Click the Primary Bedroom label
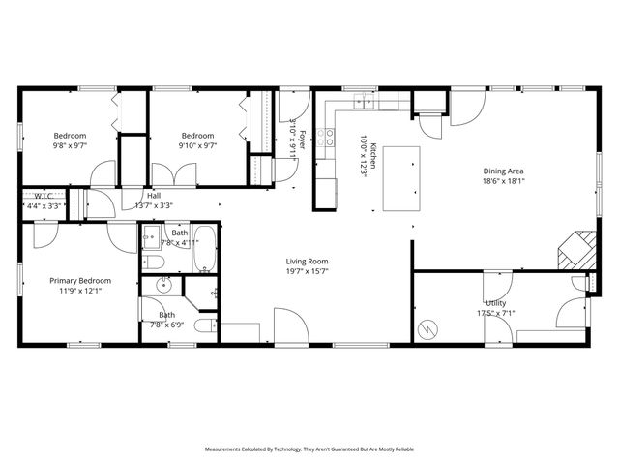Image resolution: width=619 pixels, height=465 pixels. click(75, 280)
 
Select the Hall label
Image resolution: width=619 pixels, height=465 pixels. click(154, 195)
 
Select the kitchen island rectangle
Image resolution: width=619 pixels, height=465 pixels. click(401, 178)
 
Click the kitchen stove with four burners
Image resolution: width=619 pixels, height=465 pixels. click(329, 137)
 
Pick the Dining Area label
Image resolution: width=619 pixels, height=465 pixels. click(503, 171)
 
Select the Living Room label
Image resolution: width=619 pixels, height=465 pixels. click(307, 261)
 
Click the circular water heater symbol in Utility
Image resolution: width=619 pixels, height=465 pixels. click(427, 329)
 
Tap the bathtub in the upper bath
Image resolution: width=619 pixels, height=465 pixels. click(205, 250)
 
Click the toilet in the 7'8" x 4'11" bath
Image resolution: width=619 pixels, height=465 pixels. click(152, 263)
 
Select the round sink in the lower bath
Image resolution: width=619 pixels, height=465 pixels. click(163, 284)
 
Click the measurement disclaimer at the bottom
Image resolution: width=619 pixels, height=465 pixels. click(309, 449)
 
